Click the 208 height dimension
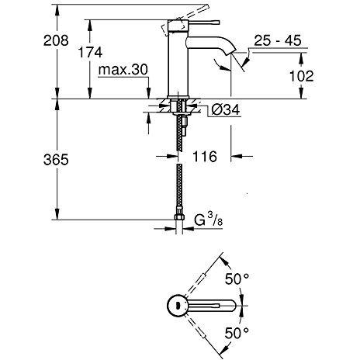pos(56,40)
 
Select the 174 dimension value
pos(90,53)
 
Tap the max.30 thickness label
pos(123,70)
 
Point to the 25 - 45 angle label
pos(278,41)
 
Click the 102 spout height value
pos(302,76)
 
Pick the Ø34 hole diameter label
pos(226,109)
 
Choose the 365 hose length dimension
pos(56,159)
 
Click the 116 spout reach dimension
pos(205,157)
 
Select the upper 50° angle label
pos(237,279)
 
